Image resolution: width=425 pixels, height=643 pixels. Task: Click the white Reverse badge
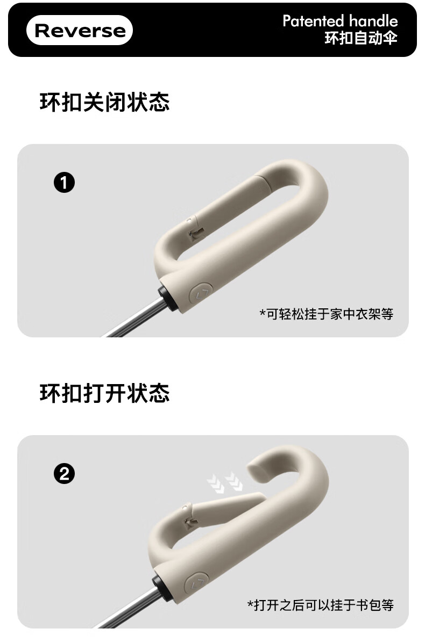pos(80,30)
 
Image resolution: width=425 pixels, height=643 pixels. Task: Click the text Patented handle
pos(340,21)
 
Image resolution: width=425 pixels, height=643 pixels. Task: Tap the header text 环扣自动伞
pos(361,38)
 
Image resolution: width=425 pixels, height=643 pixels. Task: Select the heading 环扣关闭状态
pos(105,102)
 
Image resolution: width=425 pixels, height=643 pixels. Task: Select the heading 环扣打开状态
pos(105,393)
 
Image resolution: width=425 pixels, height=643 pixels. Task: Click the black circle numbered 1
pos(64,183)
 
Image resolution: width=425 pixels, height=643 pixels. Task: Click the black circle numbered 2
pos(64,474)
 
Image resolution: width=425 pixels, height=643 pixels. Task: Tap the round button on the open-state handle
pos(196,583)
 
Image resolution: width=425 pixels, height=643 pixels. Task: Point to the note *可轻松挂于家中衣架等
pos(327,314)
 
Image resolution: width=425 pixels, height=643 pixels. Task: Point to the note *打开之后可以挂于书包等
pos(320,605)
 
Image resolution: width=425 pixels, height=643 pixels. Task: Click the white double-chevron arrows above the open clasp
pos(225,482)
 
